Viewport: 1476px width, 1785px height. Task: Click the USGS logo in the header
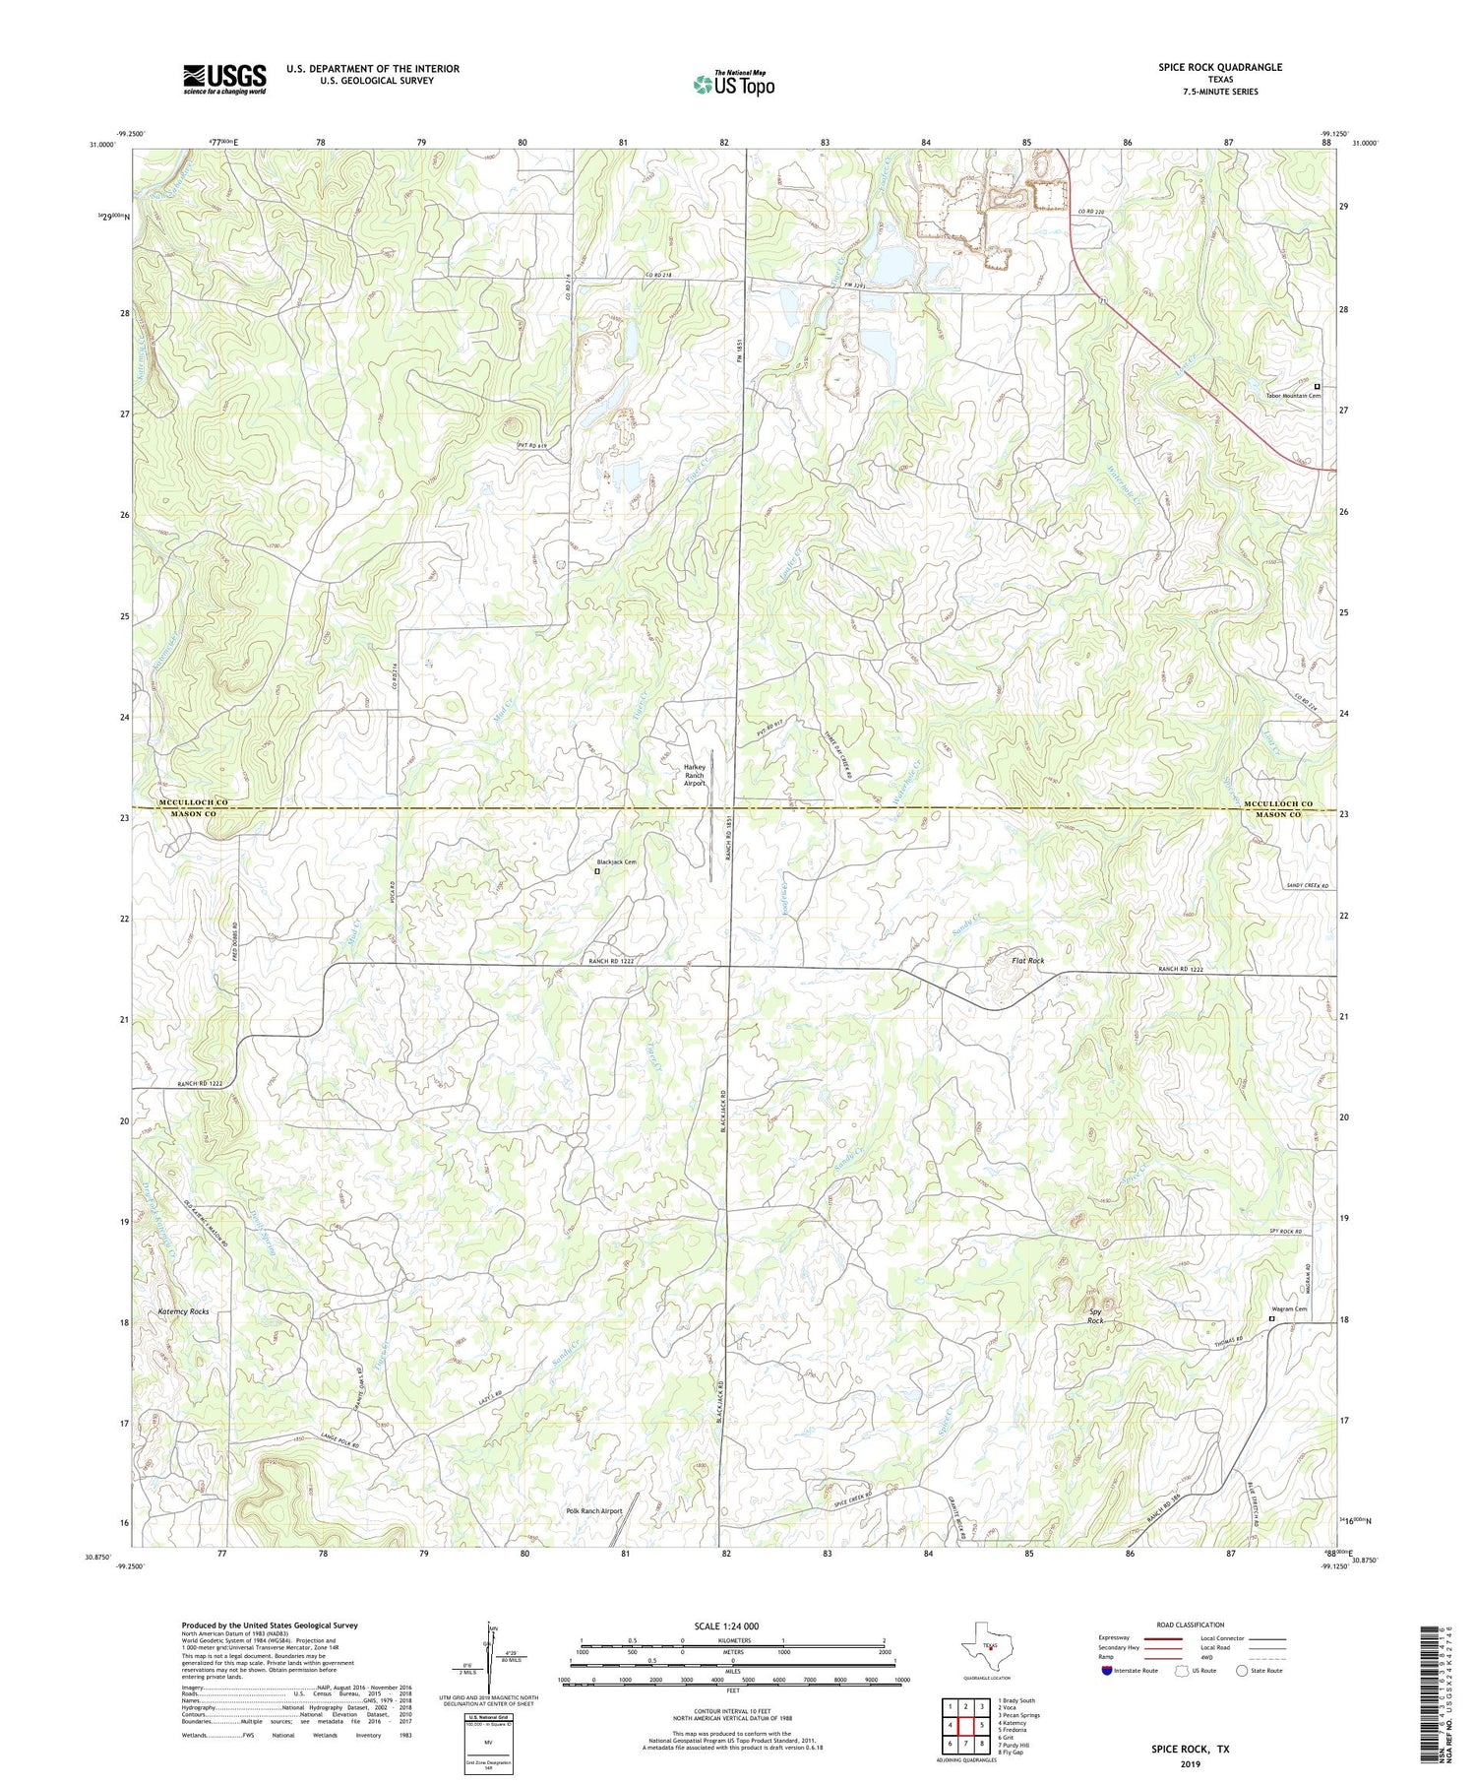tap(224, 79)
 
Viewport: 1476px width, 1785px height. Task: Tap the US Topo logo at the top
tap(732, 84)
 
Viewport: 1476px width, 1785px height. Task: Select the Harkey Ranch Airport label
tap(694, 775)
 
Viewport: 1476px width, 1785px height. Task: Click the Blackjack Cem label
tap(617, 862)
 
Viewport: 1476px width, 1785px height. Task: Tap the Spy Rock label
tap(1095, 1316)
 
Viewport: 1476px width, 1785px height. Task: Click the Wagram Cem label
tap(1287, 1309)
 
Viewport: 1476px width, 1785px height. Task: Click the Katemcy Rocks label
tap(183, 1312)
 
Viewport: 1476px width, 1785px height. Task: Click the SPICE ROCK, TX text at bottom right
tap(1191, 1750)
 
